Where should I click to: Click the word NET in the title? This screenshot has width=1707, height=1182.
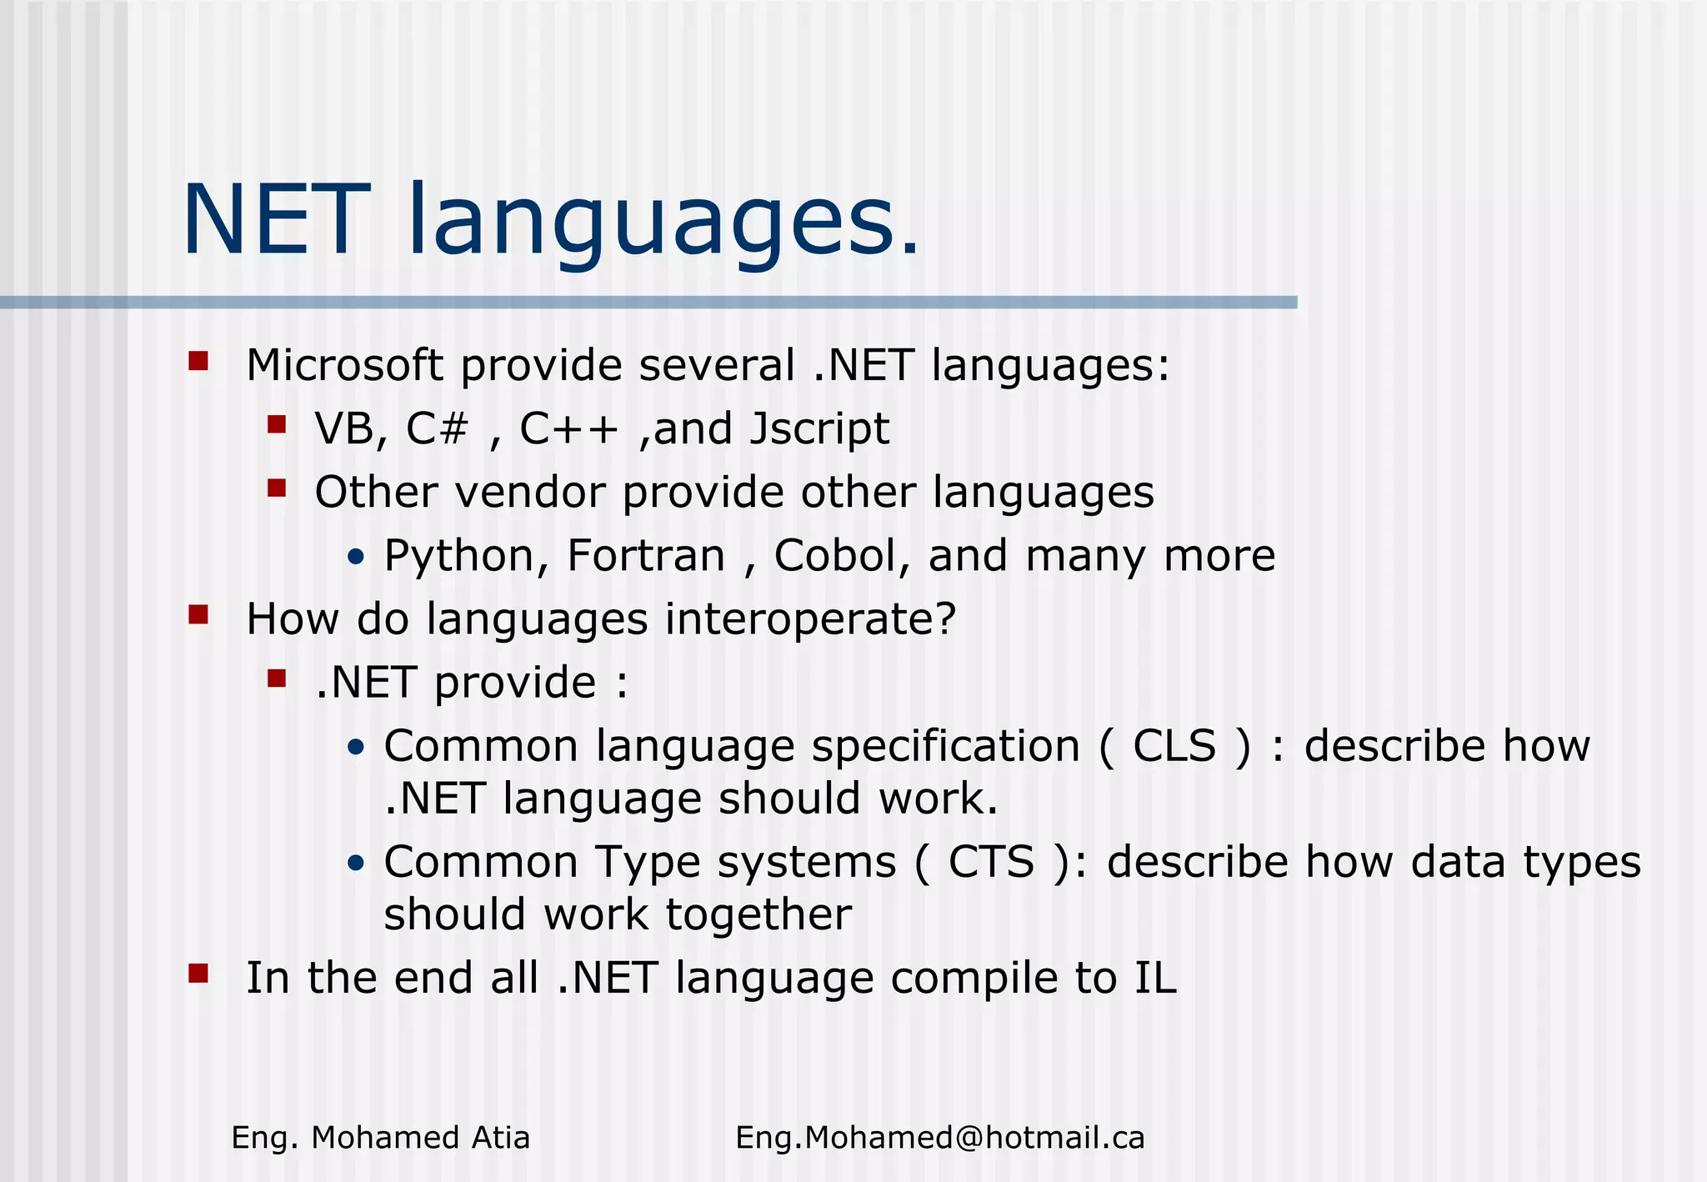(276, 221)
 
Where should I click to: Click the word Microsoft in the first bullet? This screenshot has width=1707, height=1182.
(344, 366)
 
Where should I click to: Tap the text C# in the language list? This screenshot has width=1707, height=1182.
(437, 429)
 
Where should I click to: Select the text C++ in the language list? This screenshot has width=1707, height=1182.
(569, 429)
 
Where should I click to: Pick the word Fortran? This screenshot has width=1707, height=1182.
(646, 556)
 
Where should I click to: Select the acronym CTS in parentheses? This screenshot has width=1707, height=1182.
(991, 862)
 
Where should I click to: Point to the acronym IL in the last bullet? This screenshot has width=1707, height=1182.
(1154, 978)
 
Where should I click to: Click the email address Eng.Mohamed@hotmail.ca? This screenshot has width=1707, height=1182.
(939, 1138)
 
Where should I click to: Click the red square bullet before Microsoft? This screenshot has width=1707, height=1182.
(198, 361)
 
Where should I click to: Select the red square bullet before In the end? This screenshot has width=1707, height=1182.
(198, 973)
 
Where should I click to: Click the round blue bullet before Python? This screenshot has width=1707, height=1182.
(356, 558)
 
